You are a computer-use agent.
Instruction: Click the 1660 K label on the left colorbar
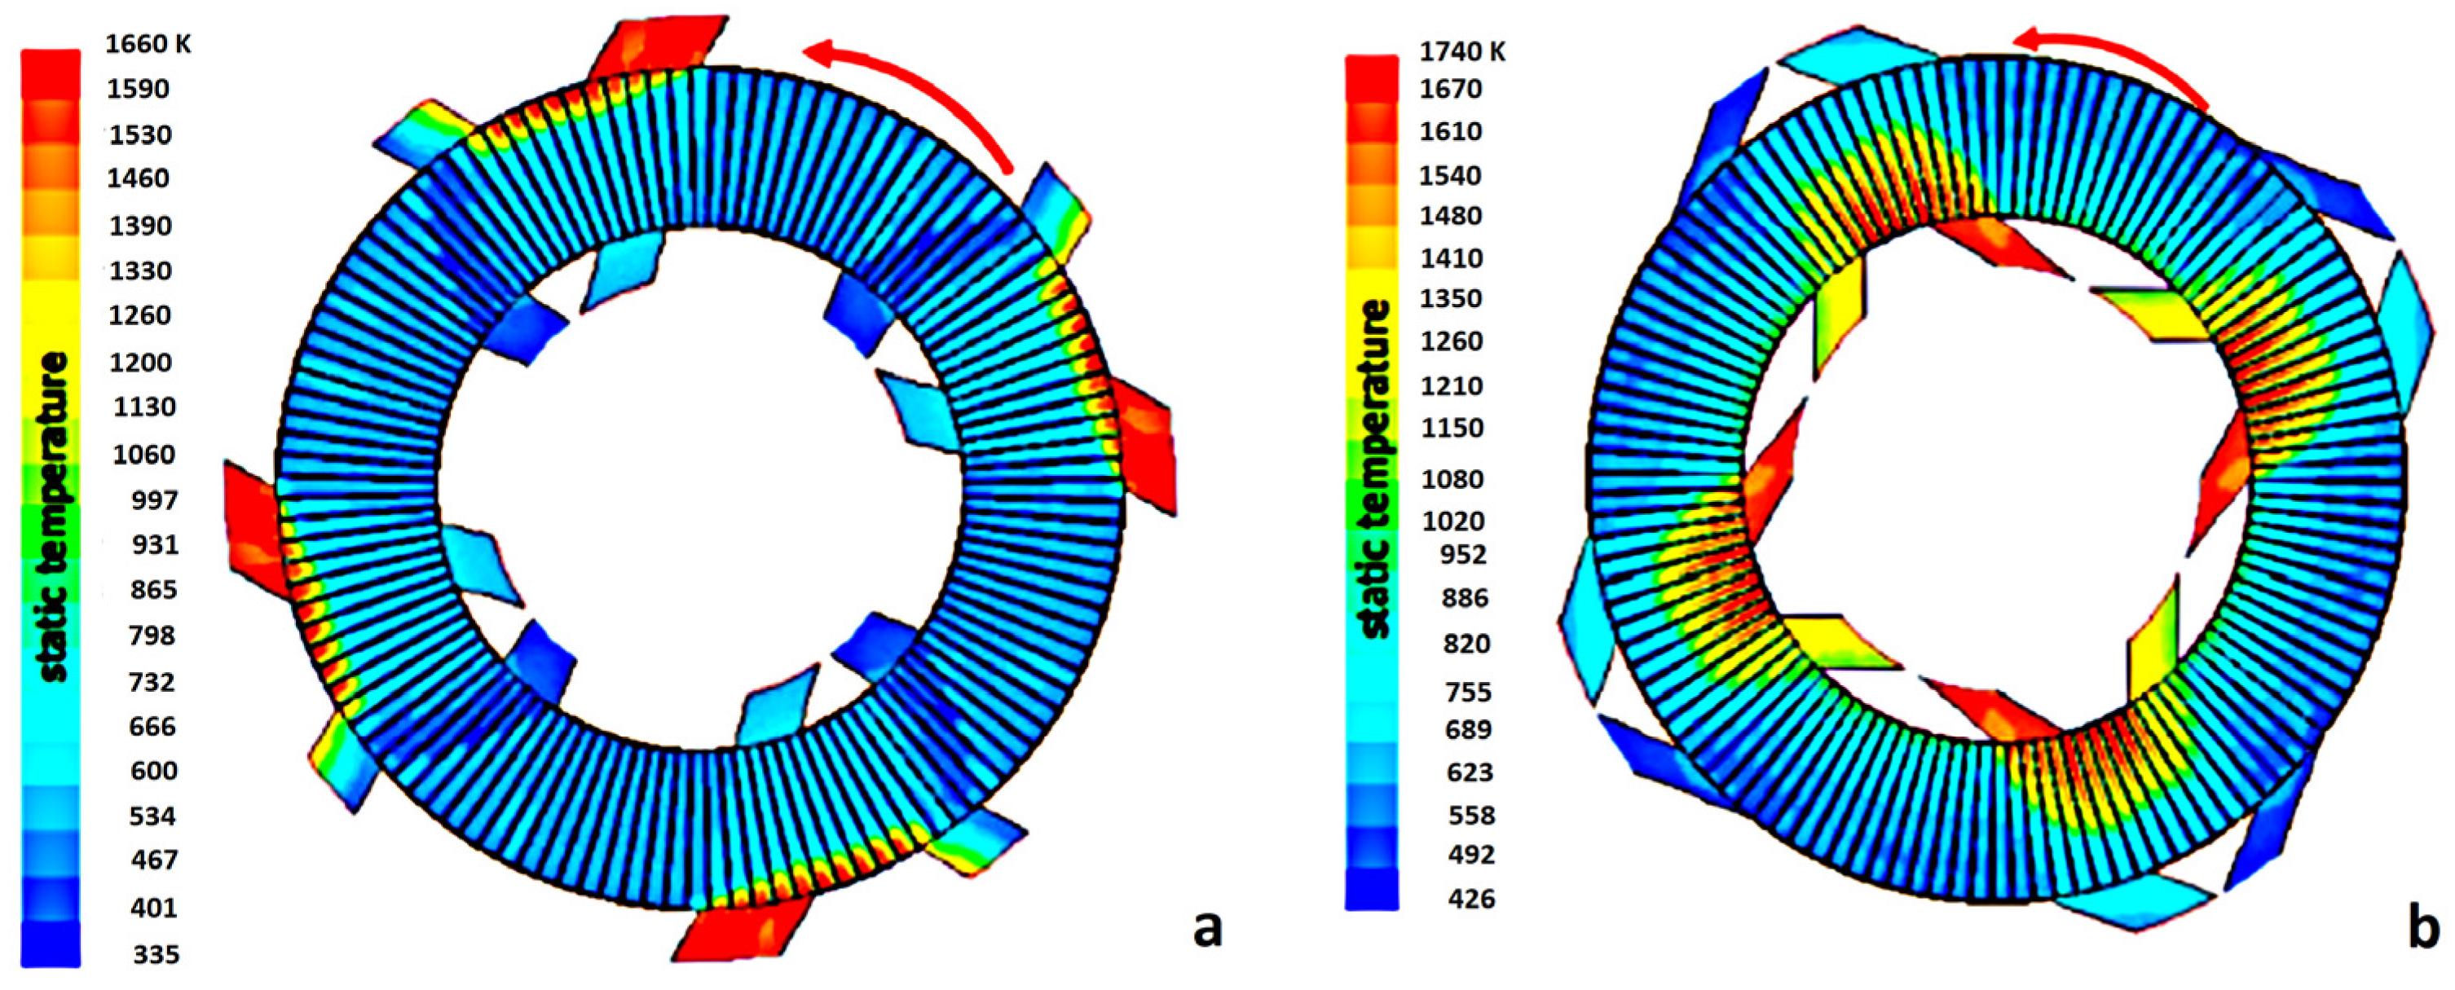pyautogui.click(x=148, y=44)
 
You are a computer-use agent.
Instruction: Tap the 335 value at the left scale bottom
pyautogui.click(x=156, y=954)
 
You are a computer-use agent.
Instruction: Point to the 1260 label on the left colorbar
pyautogui.click(x=139, y=315)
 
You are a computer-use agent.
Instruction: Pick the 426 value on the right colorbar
pyautogui.click(x=1471, y=898)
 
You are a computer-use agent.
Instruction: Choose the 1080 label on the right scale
pyautogui.click(x=1452, y=478)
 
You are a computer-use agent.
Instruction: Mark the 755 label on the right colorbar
pyautogui.click(x=1468, y=691)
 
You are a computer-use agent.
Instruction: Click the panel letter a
pyautogui.click(x=1207, y=927)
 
